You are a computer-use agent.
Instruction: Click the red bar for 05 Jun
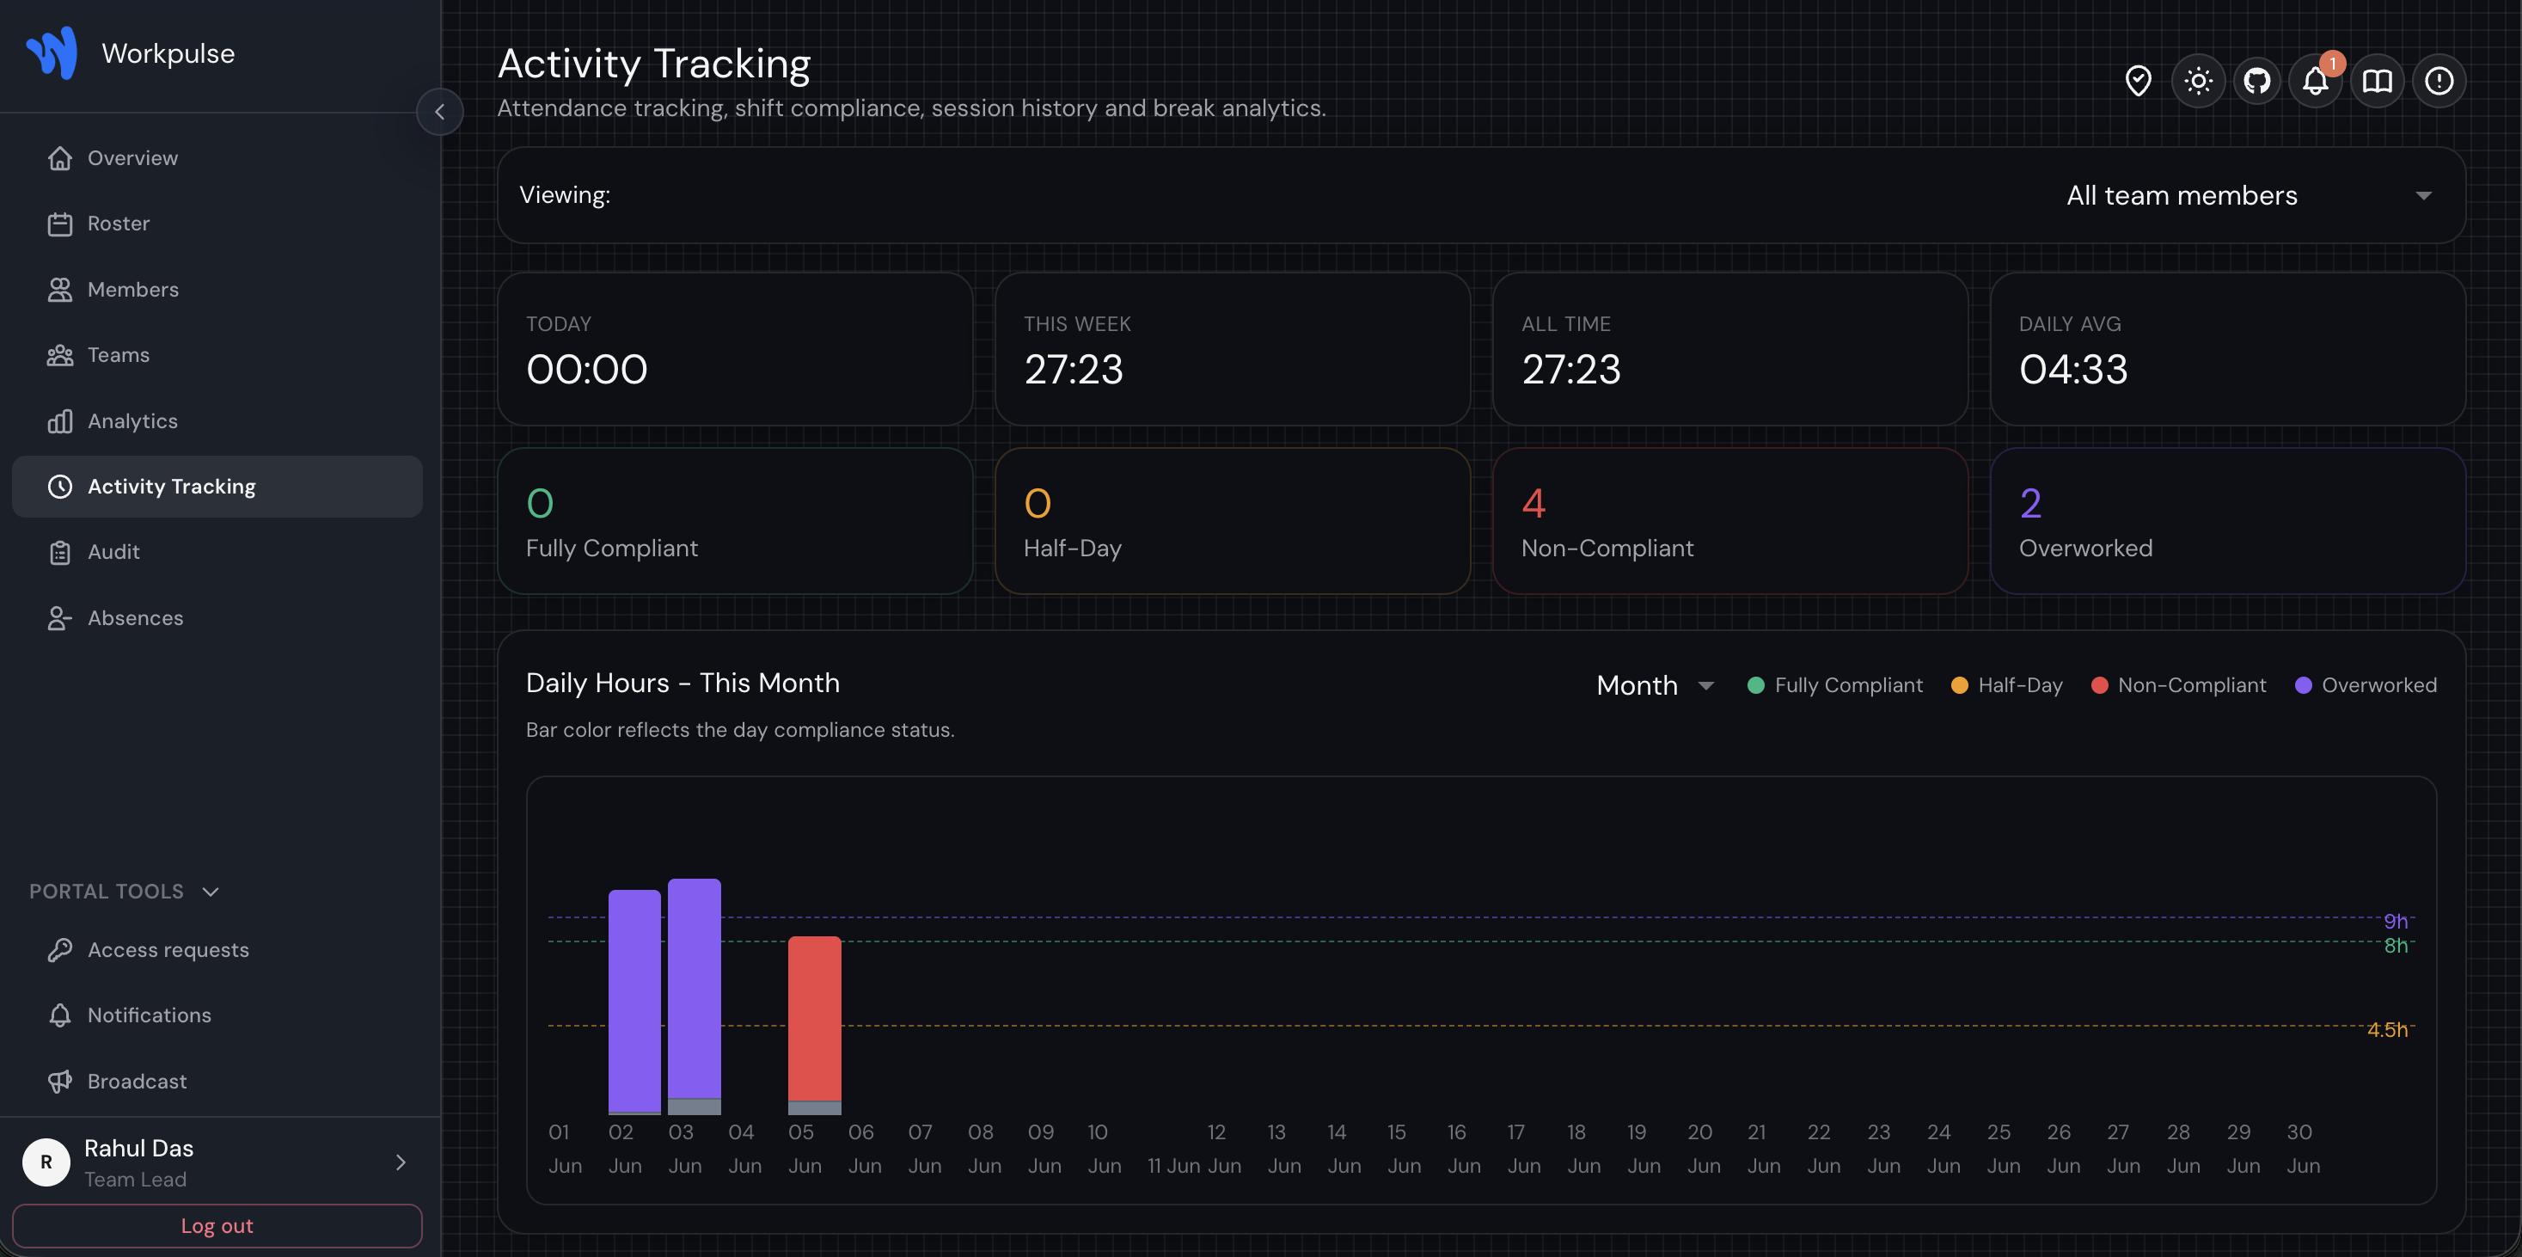pos(815,1018)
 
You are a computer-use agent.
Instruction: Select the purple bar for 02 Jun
pos(634,1001)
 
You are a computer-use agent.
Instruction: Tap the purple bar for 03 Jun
pos(695,989)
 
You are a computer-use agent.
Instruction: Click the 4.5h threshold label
pos(2387,1030)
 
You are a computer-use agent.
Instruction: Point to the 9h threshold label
pos(2396,921)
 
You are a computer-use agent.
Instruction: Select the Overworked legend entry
pos(2366,685)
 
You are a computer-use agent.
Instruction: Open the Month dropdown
pos(1655,685)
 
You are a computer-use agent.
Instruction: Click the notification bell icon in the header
pos(2316,80)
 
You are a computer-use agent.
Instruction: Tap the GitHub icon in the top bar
pos(2256,80)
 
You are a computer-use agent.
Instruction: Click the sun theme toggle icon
pos(2198,80)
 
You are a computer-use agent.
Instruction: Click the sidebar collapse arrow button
pos(439,112)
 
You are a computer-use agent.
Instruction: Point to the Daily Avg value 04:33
pos(2072,370)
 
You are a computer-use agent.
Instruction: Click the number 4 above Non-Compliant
pos(1533,503)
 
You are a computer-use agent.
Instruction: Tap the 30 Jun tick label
pos(2302,1149)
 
